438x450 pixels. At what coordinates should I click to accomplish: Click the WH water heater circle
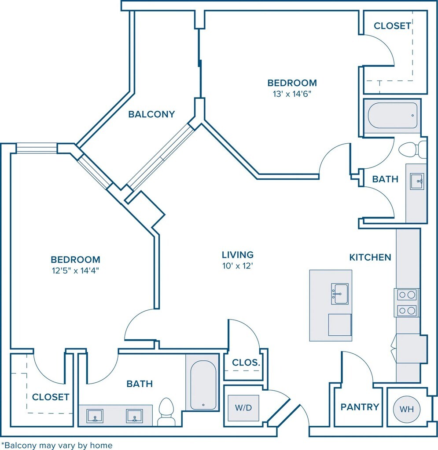pyautogui.click(x=407, y=409)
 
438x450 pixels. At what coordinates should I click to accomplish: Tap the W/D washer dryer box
pyautogui.click(x=243, y=408)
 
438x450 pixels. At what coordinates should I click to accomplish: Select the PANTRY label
pyautogui.click(x=360, y=407)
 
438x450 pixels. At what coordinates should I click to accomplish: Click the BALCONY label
pyautogui.click(x=151, y=114)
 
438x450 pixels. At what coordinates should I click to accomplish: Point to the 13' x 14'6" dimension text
pyautogui.click(x=292, y=94)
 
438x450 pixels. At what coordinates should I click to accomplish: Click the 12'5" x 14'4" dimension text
pyautogui.click(x=75, y=270)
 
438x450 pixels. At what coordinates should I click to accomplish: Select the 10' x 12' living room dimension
pyautogui.click(x=237, y=266)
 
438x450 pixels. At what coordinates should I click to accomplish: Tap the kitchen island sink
pyautogui.click(x=340, y=294)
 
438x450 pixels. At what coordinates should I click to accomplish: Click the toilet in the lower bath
pyautogui.click(x=166, y=412)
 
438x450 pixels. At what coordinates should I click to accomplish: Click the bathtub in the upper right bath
pyautogui.click(x=392, y=116)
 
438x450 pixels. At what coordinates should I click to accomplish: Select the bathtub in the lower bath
pyautogui.click(x=203, y=385)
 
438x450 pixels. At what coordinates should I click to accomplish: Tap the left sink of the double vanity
pyautogui.click(x=95, y=416)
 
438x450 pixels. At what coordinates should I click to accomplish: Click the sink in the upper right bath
pyautogui.click(x=416, y=181)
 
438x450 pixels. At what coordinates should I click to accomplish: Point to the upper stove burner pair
pyautogui.click(x=407, y=295)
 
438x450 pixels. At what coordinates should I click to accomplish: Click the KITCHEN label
pyautogui.click(x=370, y=258)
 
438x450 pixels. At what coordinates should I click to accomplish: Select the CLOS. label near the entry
pyautogui.click(x=246, y=363)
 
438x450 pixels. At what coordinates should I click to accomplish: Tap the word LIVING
pyautogui.click(x=238, y=255)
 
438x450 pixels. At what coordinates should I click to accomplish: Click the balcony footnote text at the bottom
pyautogui.click(x=57, y=446)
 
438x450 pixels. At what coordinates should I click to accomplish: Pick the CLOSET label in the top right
pyautogui.click(x=392, y=26)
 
